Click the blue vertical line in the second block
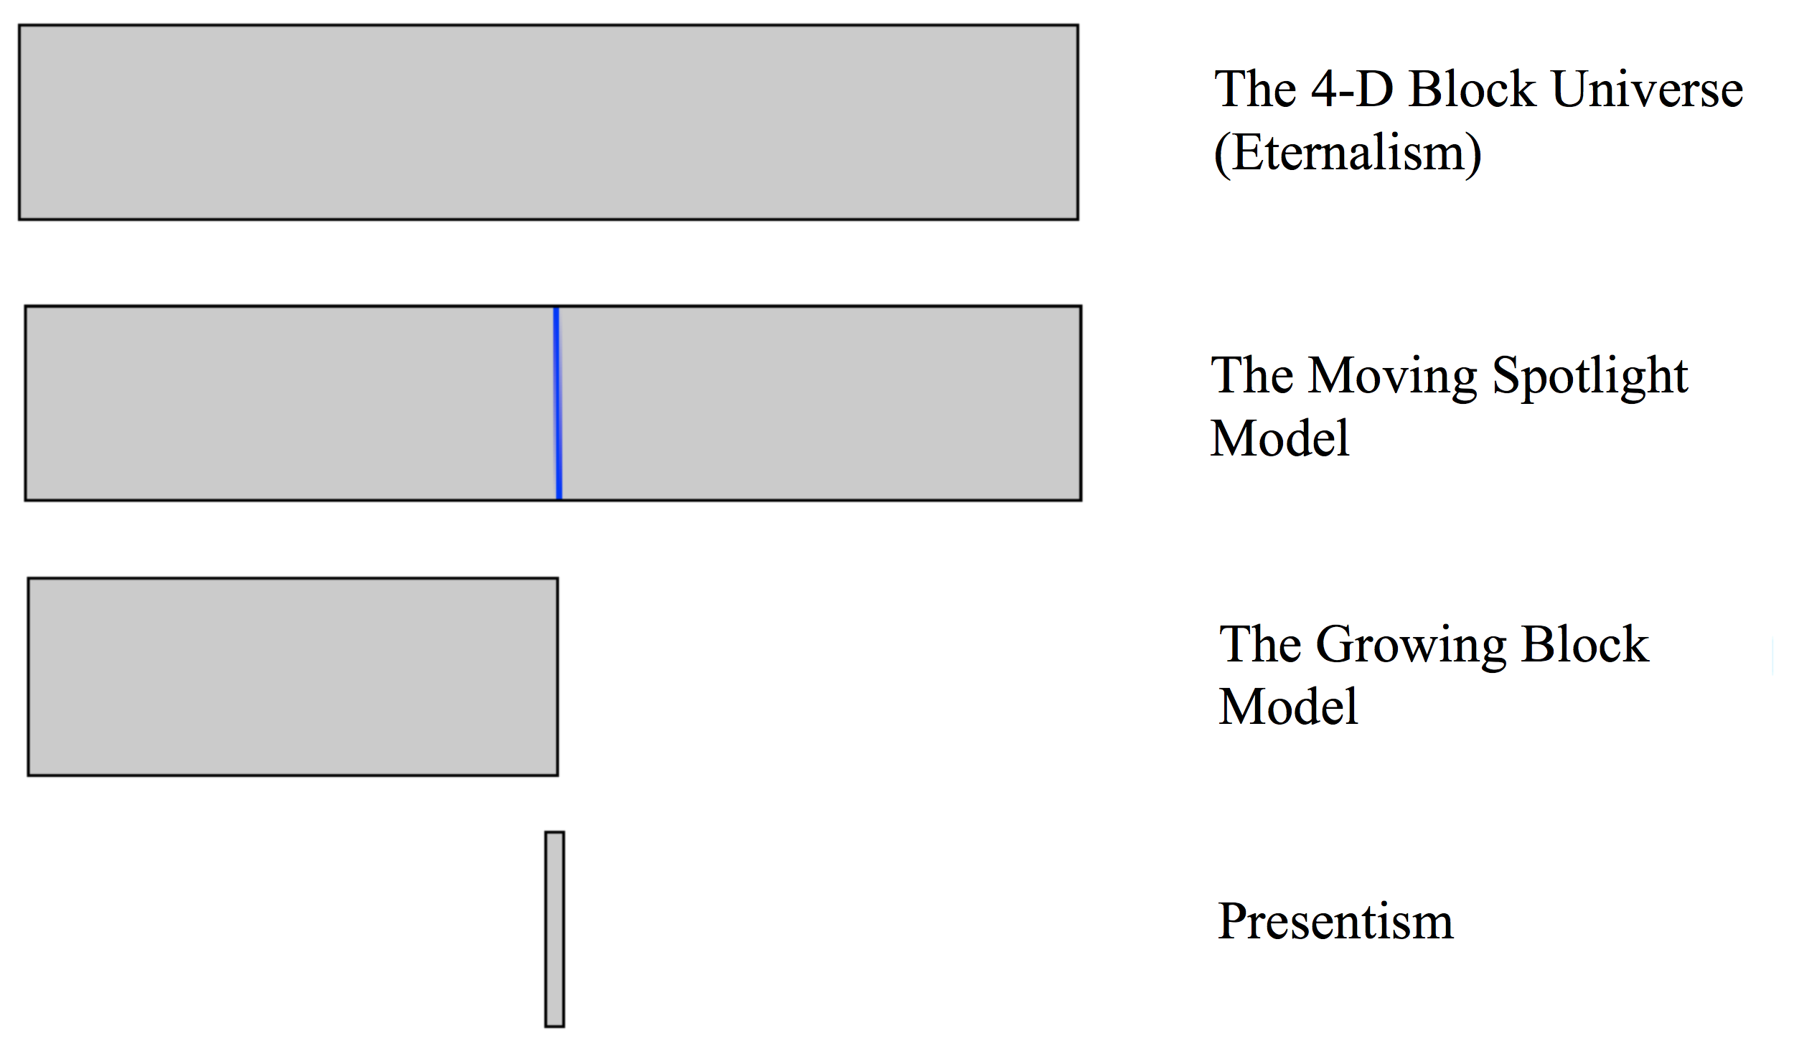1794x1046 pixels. click(558, 402)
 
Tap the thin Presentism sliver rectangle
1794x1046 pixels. click(554, 928)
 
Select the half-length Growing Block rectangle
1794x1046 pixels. click(293, 676)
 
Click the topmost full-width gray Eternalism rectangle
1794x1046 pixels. click(548, 122)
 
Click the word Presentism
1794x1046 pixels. click(1335, 921)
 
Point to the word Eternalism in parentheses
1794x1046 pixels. click(1347, 153)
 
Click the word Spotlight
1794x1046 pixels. click(1589, 376)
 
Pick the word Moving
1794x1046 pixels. click(1392, 376)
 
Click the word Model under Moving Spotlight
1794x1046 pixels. click(1279, 438)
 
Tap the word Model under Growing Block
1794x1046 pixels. click(1288, 707)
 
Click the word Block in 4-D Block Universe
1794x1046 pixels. click(1472, 90)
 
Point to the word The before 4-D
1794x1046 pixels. click(1255, 90)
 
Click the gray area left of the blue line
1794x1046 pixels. click(287, 402)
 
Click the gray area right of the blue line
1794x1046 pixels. click(818, 402)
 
